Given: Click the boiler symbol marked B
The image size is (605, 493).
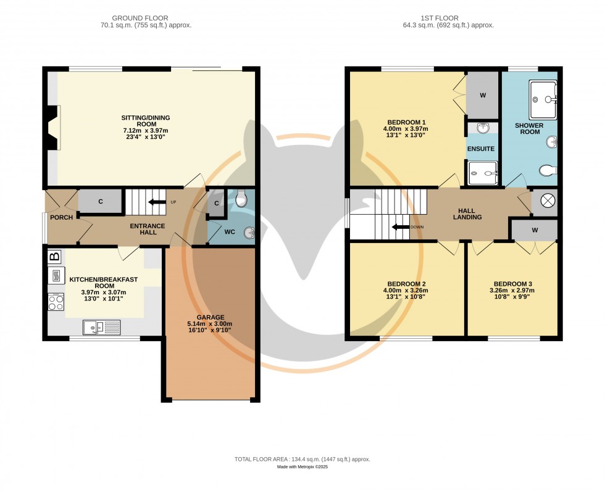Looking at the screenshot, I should pos(54,256).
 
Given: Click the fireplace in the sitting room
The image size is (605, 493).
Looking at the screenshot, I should pos(55,127).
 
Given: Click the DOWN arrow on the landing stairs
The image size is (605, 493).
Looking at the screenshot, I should pos(402,227).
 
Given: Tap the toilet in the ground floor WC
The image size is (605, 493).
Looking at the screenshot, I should pos(241,198).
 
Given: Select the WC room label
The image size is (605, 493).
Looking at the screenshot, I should pos(229,233).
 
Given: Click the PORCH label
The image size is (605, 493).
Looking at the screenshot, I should pos(61,217).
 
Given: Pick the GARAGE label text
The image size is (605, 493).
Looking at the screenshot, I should pos(211,317).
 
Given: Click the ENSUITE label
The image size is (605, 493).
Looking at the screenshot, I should pos(480,149).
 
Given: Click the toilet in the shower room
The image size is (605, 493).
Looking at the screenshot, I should pos(546,170).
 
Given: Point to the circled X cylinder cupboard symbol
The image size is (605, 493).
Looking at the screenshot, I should pos(545,201).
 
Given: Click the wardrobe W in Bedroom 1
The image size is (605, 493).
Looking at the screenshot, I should pos(482,96).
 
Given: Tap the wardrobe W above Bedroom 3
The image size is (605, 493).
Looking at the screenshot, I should pos(534,230).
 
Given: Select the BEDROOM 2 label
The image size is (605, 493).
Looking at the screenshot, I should pos(407,284).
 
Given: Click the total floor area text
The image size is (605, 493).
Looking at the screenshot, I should pos(302,459).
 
